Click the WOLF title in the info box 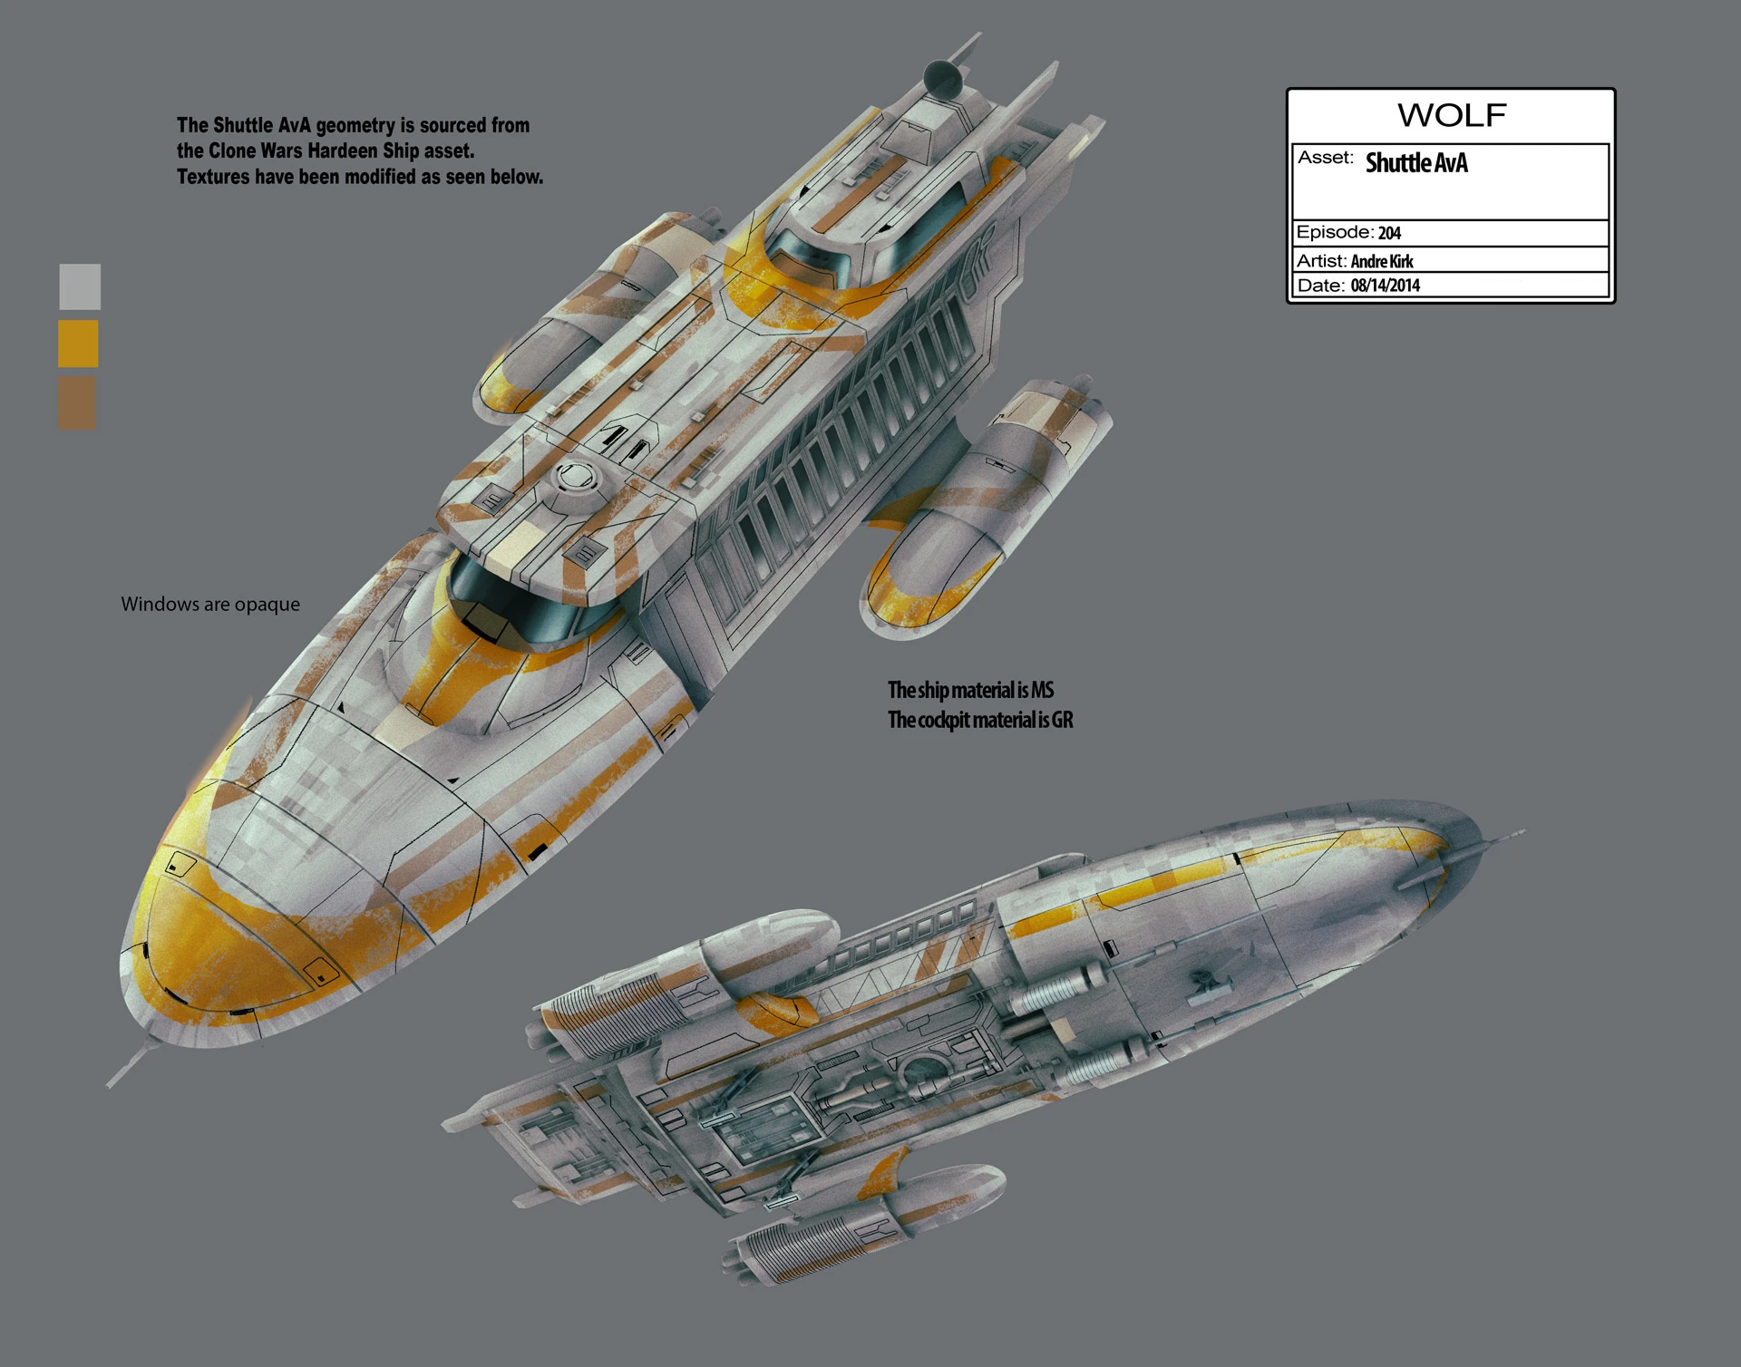(1451, 115)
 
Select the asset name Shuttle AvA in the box (1415, 163)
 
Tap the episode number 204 (1389, 233)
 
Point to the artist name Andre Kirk (1382, 261)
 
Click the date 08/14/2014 (1386, 286)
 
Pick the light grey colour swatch (80, 286)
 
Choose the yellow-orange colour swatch (78, 344)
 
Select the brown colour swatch (77, 402)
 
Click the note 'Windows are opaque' (210, 604)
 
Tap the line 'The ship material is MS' (970, 690)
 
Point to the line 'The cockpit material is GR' (980, 720)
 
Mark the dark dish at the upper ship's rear (943, 80)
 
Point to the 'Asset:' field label (1325, 158)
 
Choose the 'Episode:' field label (1334, 232)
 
